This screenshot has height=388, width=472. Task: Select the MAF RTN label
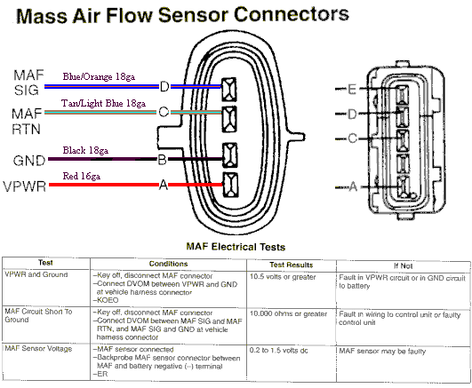click(26, 121)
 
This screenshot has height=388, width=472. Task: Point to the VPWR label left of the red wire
click(26, 187)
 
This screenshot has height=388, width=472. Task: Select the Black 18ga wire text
click(86, 151)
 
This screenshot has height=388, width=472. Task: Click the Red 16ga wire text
click(83, 177)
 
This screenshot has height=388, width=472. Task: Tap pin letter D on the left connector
click(164, 86)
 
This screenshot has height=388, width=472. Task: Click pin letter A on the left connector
click(163, 185)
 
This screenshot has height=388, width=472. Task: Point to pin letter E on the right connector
click(353, 90)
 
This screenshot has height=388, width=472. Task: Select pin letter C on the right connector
click(353, 139)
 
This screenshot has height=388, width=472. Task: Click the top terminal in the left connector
click(230, 87)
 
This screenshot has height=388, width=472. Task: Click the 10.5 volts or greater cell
click(287, 276)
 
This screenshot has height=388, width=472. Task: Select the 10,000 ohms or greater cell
click(289, 313)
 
